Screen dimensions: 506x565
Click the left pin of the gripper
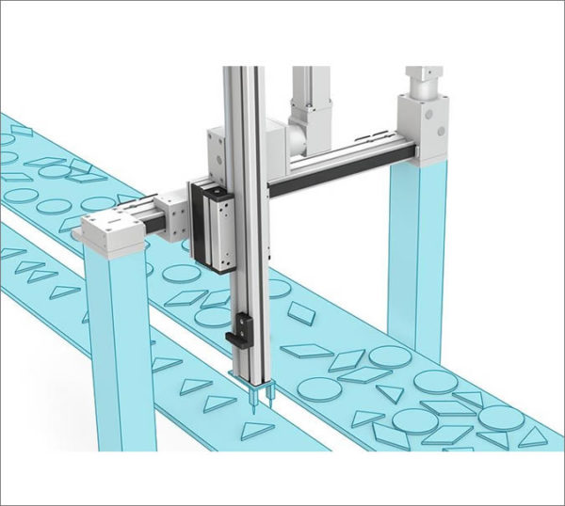pyautogui.click(x=252, y=403)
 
